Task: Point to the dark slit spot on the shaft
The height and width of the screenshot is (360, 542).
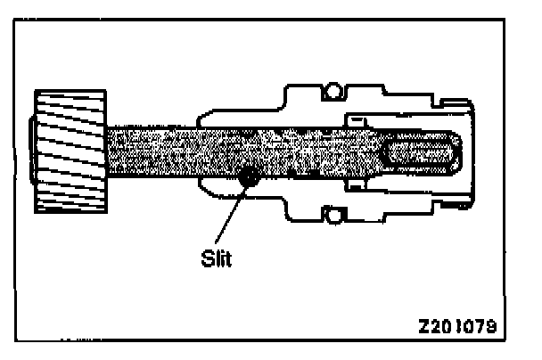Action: coord(250,178)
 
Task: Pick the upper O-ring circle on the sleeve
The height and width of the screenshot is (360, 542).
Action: coord(333,89)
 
